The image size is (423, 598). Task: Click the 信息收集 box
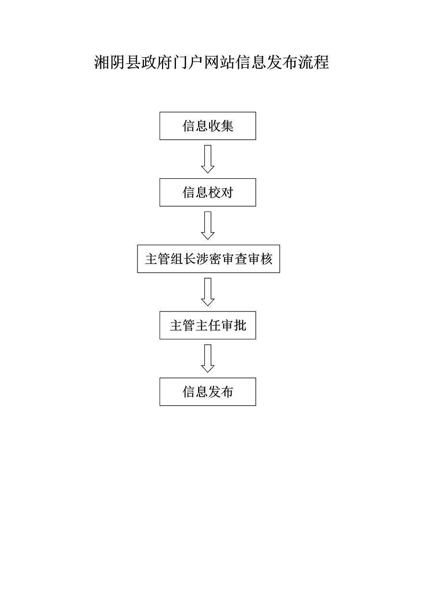[208, 126]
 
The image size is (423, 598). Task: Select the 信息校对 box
[208, 192]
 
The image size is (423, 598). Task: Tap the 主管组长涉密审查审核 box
[208, 259]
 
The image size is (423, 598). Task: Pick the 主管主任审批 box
[208, 325]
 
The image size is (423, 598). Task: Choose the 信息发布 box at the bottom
[208, 392]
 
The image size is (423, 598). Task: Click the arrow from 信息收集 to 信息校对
[208, 159]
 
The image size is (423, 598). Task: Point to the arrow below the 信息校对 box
[208, 225]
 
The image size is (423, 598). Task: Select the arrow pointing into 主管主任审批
[208, 292]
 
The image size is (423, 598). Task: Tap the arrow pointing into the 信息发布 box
[208, 358]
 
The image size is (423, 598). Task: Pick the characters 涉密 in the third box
[209, 259]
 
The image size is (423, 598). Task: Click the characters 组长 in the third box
[183, 259]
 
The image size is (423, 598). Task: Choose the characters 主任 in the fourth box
[208, 325]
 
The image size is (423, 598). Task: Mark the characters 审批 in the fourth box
[234, 325]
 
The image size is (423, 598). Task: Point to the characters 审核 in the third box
[260, 259]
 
